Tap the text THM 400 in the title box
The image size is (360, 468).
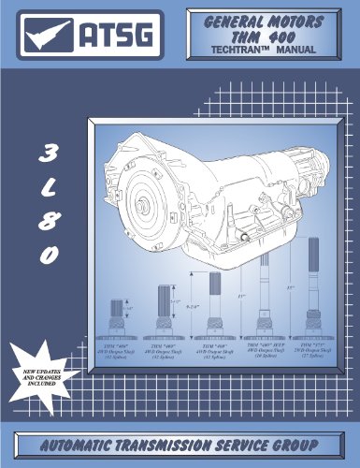coord(264,36)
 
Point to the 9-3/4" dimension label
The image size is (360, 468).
coord(194,305)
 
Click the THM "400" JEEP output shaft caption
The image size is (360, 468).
coord(266,351)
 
